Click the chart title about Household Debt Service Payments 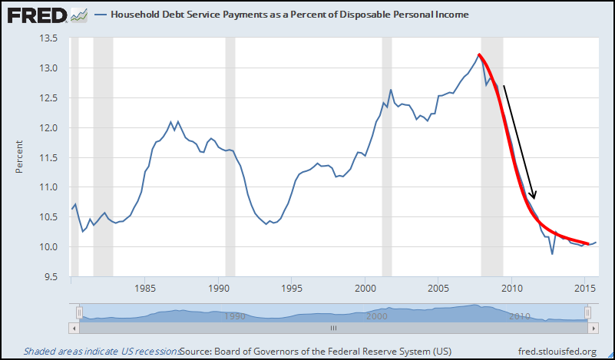(x=289, y=15)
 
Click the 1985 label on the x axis (x=146, y=289)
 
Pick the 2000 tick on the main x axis (x=365, y=289)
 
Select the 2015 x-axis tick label (x=586, y=289)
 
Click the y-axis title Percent (x=18, y=157)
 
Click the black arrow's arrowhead (x=534, y=196)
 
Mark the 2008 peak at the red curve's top (x=478, y=54)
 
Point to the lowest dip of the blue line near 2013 (x=552, y=254)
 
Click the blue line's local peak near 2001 (x=391, y=90)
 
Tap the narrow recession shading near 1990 (x=230, y=154)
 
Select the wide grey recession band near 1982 (x=103, y=154)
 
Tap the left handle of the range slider (x=78, y=312)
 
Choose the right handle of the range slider (x=587, y=312)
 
